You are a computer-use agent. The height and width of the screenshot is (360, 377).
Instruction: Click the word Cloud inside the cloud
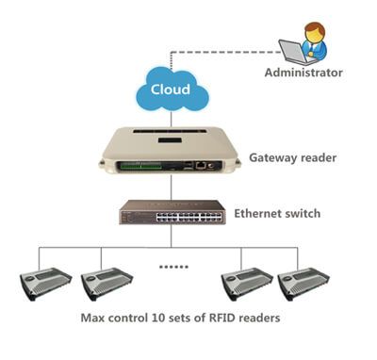(171, 90)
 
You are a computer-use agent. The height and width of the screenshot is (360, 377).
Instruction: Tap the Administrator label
(303, 73)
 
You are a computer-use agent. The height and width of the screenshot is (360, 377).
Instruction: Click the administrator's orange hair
(315, 27)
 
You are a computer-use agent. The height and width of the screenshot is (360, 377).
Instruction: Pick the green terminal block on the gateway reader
(139, 165)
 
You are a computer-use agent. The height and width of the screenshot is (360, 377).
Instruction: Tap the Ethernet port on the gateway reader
(200, 165)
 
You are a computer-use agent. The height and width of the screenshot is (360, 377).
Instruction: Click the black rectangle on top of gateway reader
(170, 139)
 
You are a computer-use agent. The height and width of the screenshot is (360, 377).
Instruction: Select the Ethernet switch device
(172, 212)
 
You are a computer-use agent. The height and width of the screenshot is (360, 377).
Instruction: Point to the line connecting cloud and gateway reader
(172, 119)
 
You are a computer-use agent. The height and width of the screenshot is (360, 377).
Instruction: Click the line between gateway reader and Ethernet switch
(172, 188)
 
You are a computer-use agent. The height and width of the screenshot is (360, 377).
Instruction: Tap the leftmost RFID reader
(45, 284)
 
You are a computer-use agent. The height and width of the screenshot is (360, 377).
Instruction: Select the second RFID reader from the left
(107, 284)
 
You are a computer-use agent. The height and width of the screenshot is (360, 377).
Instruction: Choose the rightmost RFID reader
(303, 284)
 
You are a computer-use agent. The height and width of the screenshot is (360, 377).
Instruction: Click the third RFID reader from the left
(247, 284)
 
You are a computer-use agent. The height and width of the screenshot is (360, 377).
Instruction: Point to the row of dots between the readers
(173, 267)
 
